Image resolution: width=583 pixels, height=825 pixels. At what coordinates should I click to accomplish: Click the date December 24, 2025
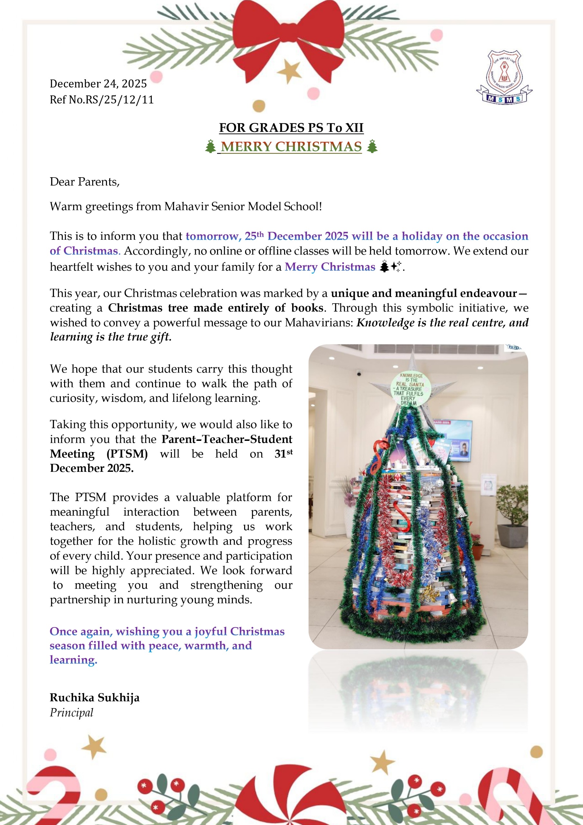98,84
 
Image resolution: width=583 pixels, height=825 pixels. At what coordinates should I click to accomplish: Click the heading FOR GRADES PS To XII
291,128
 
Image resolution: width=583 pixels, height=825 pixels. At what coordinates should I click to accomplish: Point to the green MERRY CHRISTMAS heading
291,147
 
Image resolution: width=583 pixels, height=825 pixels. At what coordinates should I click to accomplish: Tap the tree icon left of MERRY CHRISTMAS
210,147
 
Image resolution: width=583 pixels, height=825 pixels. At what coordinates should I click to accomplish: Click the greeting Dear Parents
84,182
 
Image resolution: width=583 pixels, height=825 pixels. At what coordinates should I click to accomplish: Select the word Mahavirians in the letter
319,323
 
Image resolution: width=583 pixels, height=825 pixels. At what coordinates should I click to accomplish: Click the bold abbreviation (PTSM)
127,454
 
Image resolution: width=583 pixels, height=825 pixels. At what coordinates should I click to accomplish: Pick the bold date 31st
283,453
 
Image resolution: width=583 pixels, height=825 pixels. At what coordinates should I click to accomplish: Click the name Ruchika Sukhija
94,697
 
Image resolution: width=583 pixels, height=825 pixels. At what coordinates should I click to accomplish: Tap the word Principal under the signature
72,713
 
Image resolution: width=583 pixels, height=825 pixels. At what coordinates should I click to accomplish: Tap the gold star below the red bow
289,71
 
